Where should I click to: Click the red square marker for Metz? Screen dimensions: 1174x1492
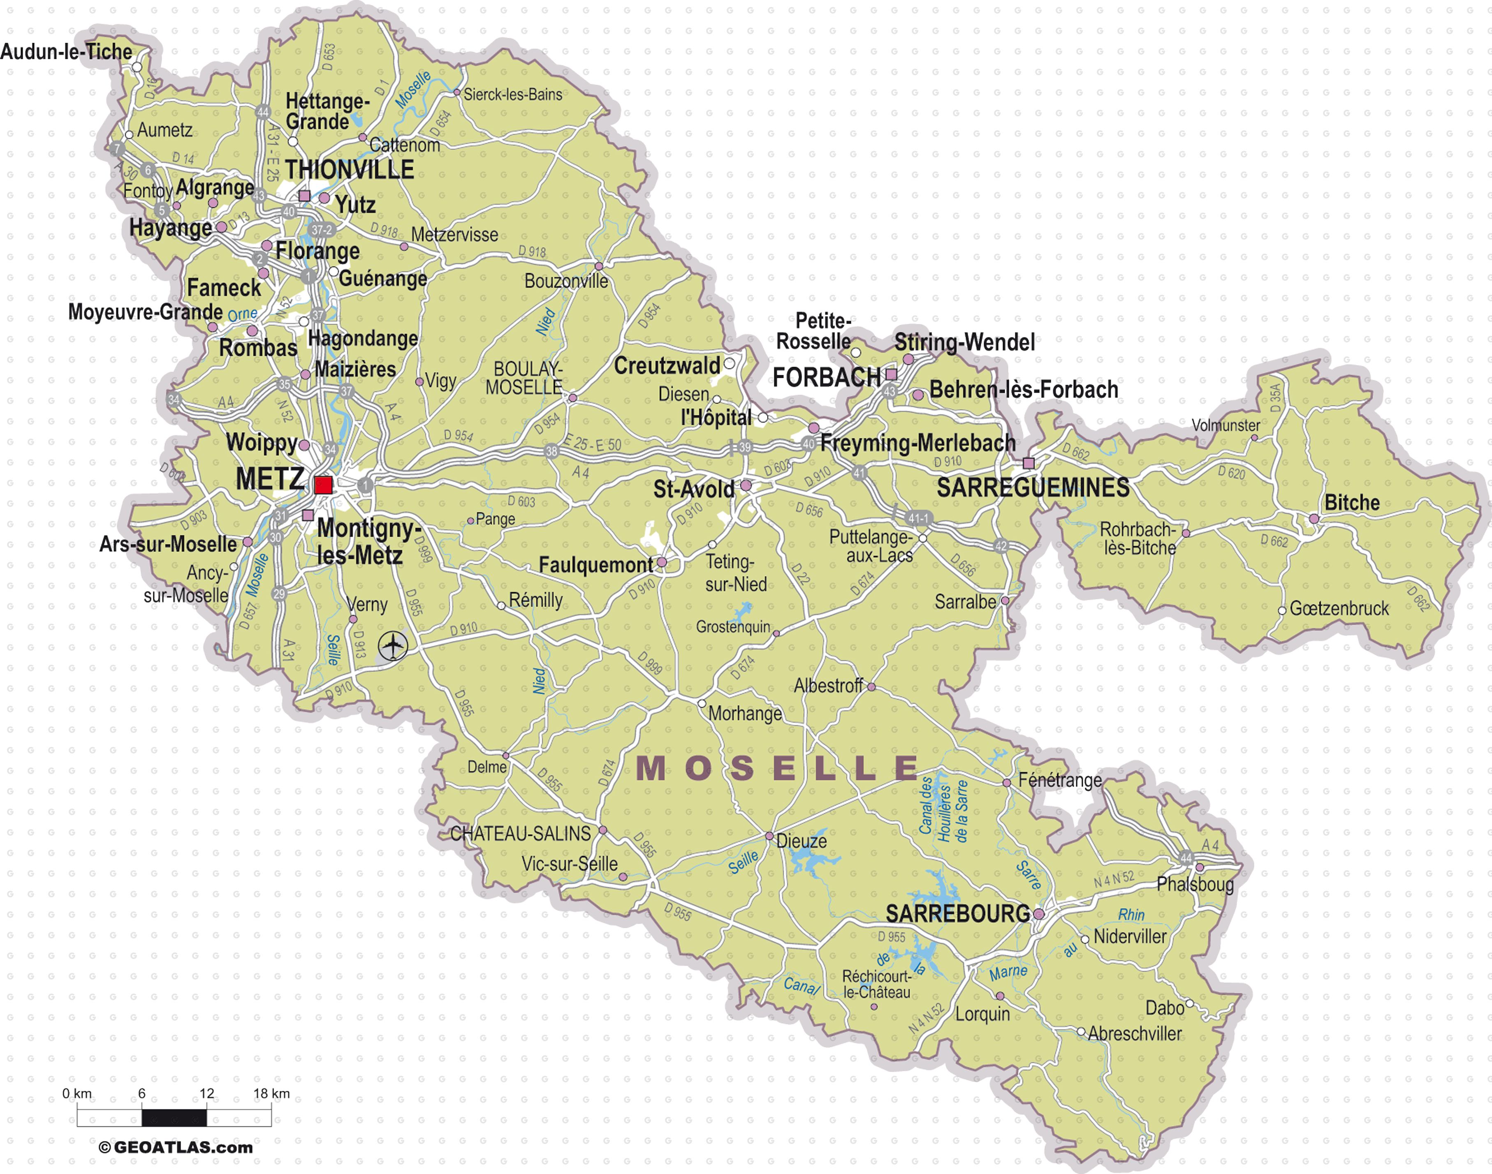point(323,485)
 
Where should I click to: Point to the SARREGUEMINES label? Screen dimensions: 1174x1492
point(1033,488)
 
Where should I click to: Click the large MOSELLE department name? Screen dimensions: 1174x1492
point(777,768)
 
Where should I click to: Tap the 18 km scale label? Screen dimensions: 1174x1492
point(271,1093)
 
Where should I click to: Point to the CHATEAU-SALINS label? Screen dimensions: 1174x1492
point(521,834)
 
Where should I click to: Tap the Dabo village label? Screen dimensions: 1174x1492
point(1165,1008)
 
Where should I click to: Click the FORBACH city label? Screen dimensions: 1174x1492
point(827,377)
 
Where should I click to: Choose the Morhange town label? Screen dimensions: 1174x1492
point(745,714)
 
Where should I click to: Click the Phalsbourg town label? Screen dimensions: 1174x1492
point(1195,884)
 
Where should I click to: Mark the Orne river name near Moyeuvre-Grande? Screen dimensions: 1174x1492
point(243,314)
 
